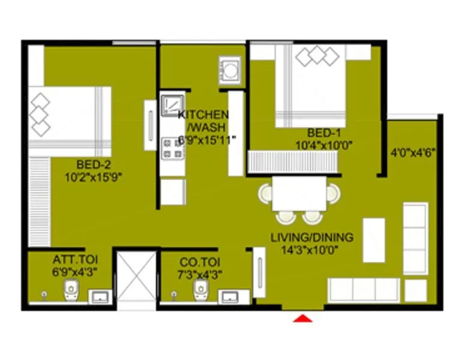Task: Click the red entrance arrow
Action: pos(303,318)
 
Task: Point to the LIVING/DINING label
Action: pos(311,237)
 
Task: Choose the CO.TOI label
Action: pos(197,262)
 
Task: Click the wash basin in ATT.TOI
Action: pos(100,296)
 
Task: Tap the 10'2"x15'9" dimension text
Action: pos(93,176)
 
